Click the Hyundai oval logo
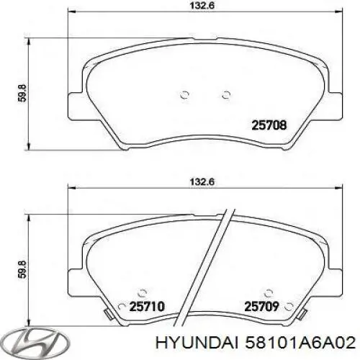coord(25,339)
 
